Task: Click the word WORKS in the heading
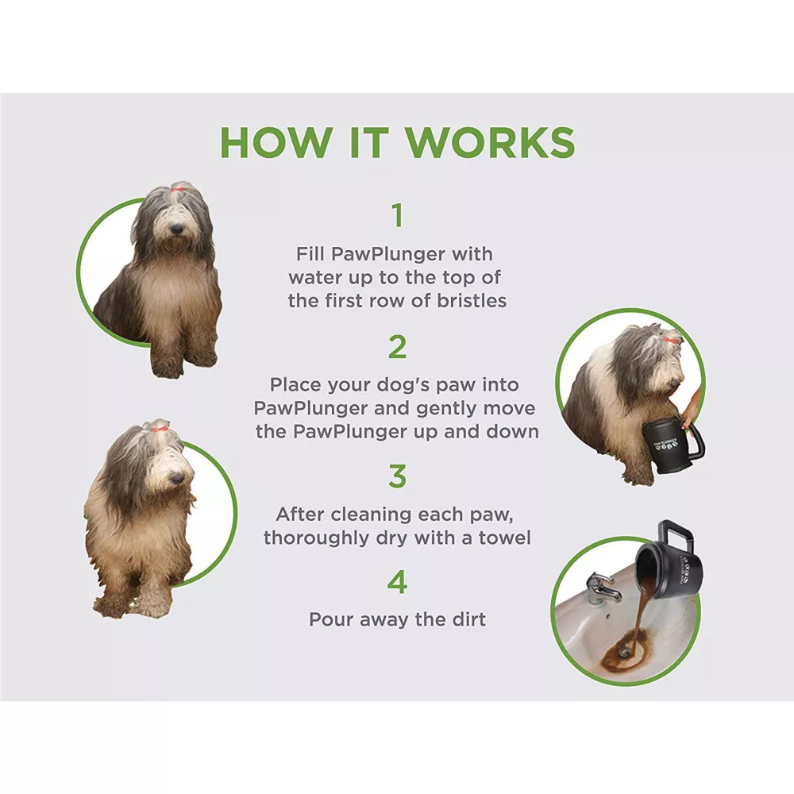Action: tap(491, 142)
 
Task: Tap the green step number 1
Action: tap(398, 215)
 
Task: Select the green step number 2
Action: tap(398, 347)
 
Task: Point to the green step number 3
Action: tap(398, 476)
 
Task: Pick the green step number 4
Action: tap(398, 582)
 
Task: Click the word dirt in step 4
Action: tap(469, 619)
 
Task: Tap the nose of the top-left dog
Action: tap(175, 230)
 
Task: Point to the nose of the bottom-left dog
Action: tap(175, 477)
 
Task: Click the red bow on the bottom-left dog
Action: tap(160, 429)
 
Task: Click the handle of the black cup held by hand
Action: tap(694, 441)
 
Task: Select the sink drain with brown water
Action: tap(625, 653)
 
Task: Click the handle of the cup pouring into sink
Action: tap(673, 536)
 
